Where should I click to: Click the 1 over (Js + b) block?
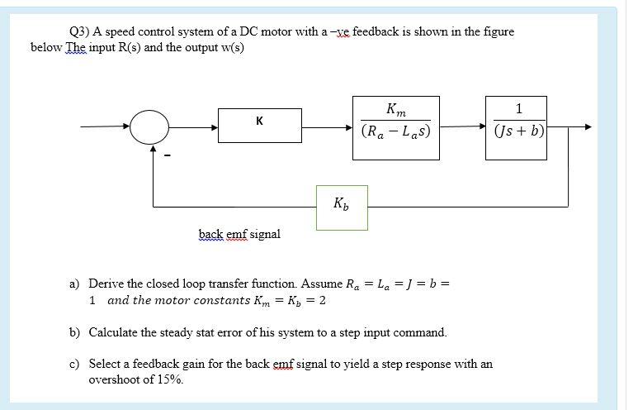click(517, 121)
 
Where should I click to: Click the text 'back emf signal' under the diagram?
click(239, 234)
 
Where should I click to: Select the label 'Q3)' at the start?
click(79, 31)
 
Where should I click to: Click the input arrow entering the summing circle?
click(107, 127)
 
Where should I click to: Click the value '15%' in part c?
click(171, 380)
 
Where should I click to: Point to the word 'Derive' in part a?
click(106, 283)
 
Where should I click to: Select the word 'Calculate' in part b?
click(116, 332)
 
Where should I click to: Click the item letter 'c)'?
click(73, 364)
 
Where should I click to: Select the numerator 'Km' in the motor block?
click(395, 107)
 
